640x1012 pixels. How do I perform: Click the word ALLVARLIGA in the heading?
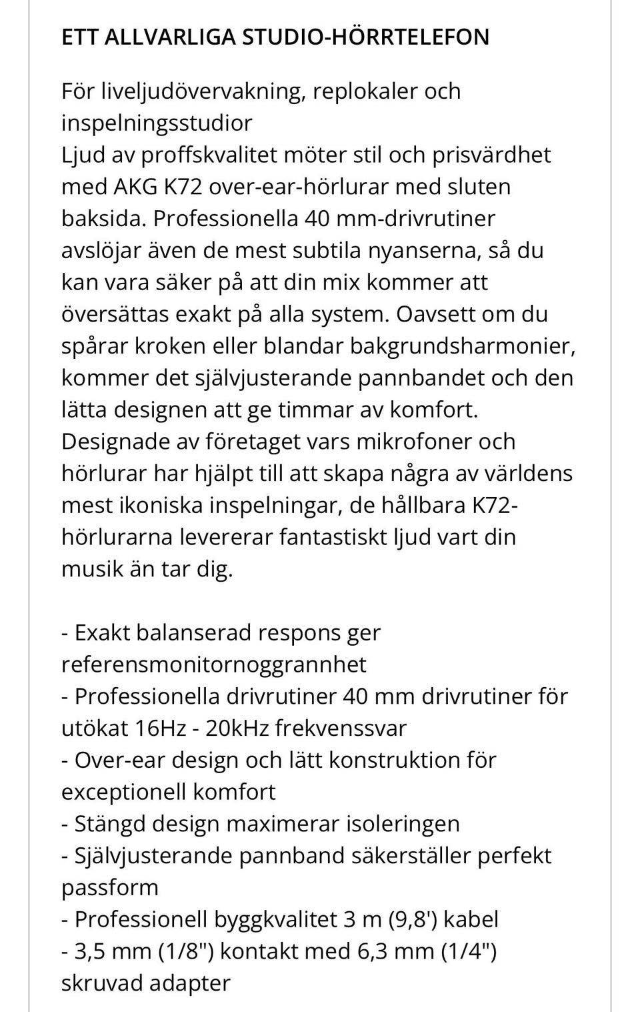[170, 37]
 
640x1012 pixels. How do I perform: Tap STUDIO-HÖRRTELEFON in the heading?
[365, 37]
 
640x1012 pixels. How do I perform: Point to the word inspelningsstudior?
[157, 123]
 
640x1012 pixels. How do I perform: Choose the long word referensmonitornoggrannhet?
[214, 664]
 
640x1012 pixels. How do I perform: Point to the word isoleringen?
[403, 824]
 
